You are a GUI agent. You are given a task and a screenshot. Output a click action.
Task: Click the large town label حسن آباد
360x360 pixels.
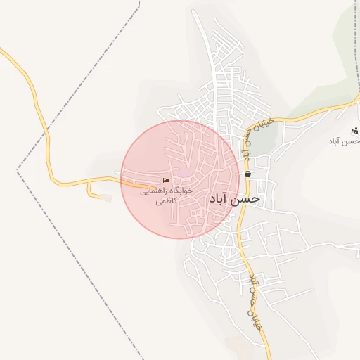point(234,199)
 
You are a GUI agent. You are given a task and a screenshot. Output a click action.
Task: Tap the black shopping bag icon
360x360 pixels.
point(247,174)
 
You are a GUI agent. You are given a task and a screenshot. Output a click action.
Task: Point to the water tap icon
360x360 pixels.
point(356,130)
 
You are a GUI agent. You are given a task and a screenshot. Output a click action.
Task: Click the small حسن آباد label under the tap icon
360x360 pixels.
point(345,141)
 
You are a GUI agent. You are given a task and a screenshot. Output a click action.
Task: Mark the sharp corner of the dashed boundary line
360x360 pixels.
point(18,171)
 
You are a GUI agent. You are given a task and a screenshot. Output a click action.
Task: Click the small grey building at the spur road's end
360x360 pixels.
point(105,198)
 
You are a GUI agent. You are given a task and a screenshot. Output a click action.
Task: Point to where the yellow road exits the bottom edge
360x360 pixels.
point(269,357)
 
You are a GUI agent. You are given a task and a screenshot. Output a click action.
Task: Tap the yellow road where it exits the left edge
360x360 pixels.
point(2,51)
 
